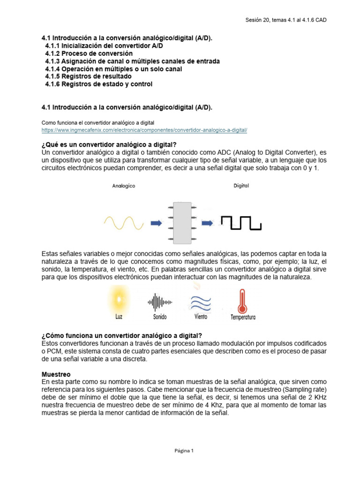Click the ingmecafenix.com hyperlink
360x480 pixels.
(144, 130)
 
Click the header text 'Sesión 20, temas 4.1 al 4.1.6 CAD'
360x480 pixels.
(286, 20)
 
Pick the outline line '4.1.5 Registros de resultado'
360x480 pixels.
(93, 76)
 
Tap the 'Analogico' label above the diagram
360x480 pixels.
(124, 186)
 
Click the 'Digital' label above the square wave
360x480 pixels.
(241, 185)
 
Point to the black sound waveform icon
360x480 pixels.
(160, 303)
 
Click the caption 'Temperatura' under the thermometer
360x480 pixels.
(243, 317)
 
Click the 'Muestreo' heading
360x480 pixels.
(56, 375)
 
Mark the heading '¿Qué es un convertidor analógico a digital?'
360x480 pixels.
(109, 144)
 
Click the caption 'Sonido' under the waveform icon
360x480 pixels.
(160, 317)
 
